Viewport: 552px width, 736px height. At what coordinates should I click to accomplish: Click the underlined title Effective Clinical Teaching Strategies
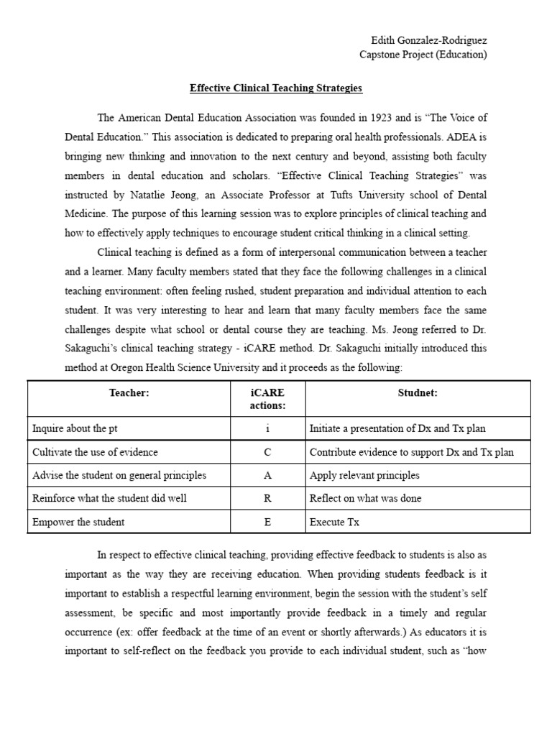coord(276,88)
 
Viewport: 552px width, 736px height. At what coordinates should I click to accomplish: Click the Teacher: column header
coord(129,393)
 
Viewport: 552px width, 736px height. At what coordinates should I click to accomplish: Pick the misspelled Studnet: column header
coord(418,393)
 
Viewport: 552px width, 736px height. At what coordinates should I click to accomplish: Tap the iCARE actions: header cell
coord(267,399)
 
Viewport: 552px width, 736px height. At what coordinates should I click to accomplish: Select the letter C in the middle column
coord(267,452)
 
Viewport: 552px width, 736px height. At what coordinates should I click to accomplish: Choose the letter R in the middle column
coord(267,499)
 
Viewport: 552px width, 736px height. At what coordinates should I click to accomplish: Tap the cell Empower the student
coord(78,523)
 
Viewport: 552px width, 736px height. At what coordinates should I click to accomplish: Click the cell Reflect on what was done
coord(365,499)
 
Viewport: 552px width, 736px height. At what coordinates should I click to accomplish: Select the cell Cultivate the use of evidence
coord(95,452)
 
